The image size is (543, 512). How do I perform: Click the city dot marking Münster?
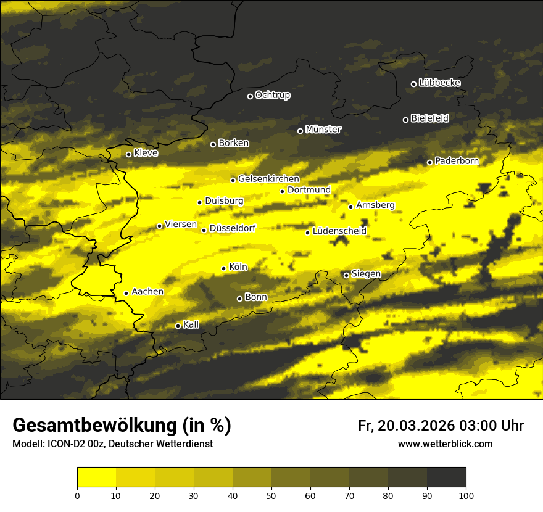tap(301, 131)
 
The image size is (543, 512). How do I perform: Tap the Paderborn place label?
tap(457, 161)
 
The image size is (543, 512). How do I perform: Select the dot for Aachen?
tap(126, 293)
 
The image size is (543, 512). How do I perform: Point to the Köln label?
tap(238, 267)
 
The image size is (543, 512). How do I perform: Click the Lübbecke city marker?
tap(413, 84)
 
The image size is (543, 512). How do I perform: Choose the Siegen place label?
tap(366, 274)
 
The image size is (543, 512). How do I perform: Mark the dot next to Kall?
tap(178, 326)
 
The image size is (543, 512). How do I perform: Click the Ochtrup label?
tap(272, 95)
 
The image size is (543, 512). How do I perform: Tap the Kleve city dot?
tap(128, 154)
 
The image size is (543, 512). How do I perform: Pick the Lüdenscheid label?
tap(339, 231)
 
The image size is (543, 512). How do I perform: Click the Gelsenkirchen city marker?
tap(233, 180)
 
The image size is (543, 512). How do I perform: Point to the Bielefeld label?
tap(429, 118)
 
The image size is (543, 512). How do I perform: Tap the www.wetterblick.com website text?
tap(446, 444)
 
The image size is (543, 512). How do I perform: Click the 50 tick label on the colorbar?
tap(271, 495)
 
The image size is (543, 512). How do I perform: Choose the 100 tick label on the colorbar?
tap(466, 495)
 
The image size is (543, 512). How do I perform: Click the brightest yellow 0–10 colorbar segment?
tap(96, 477)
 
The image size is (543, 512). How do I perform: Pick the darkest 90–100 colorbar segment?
tap(446, 477)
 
